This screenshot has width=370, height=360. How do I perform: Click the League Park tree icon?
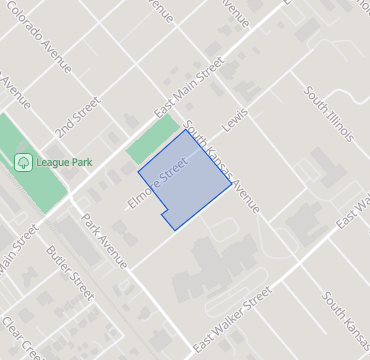tap(22, 161)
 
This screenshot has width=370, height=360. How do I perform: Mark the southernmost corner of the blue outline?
tap(176, 230)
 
